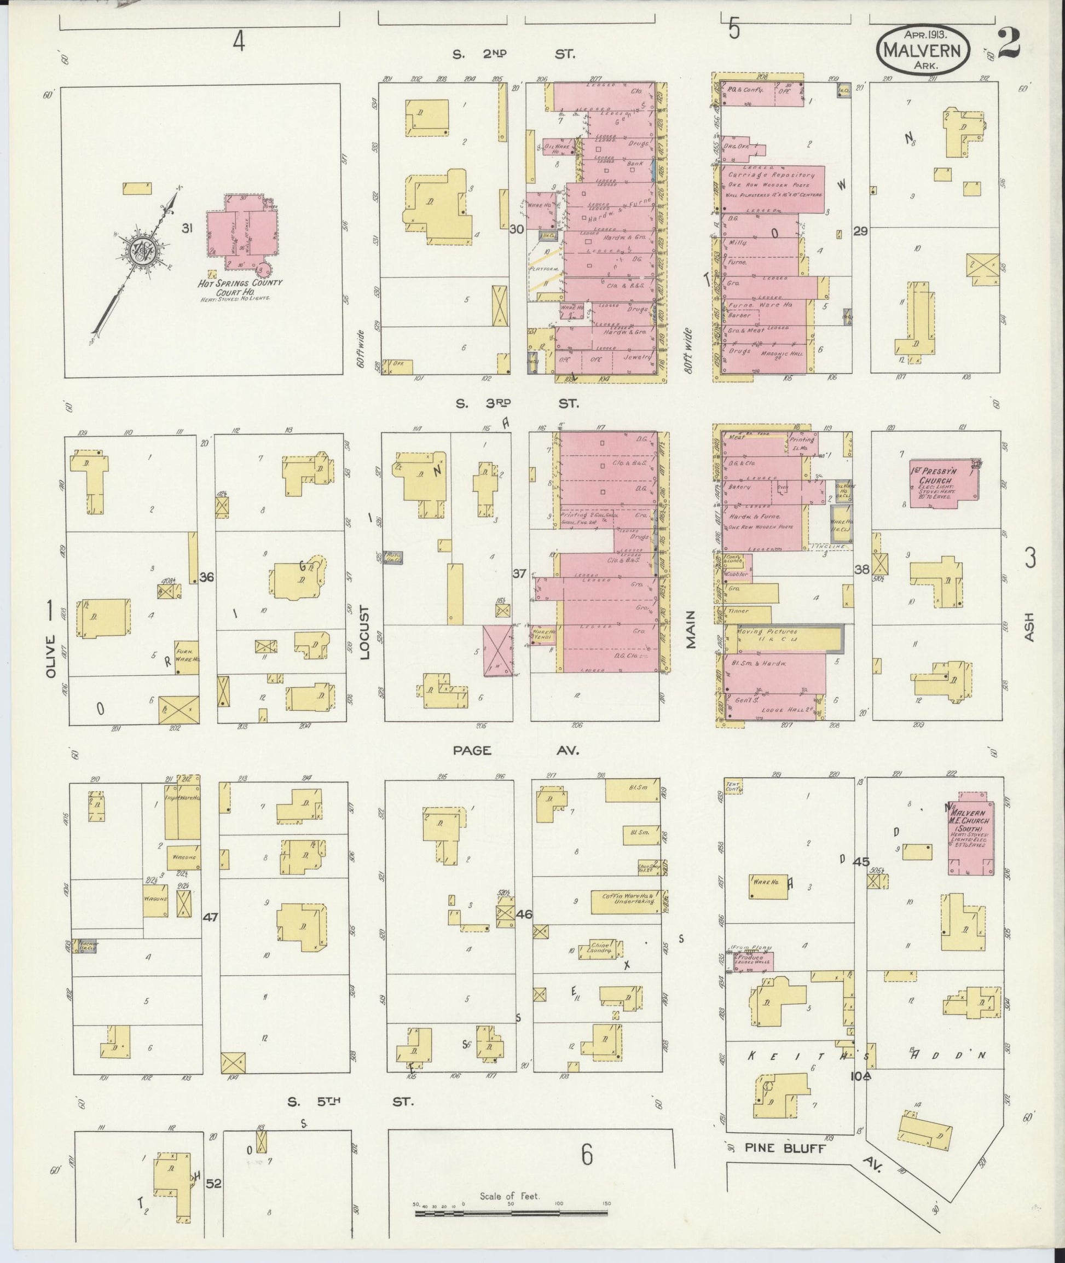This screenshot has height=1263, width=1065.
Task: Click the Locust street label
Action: click(364, 632)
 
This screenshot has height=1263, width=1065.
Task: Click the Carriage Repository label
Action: click(771, 175)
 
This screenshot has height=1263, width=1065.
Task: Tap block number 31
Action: click(188, 228)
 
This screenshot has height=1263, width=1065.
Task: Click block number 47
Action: click(210, 917)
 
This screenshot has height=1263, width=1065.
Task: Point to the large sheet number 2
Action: click(1009, 43)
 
